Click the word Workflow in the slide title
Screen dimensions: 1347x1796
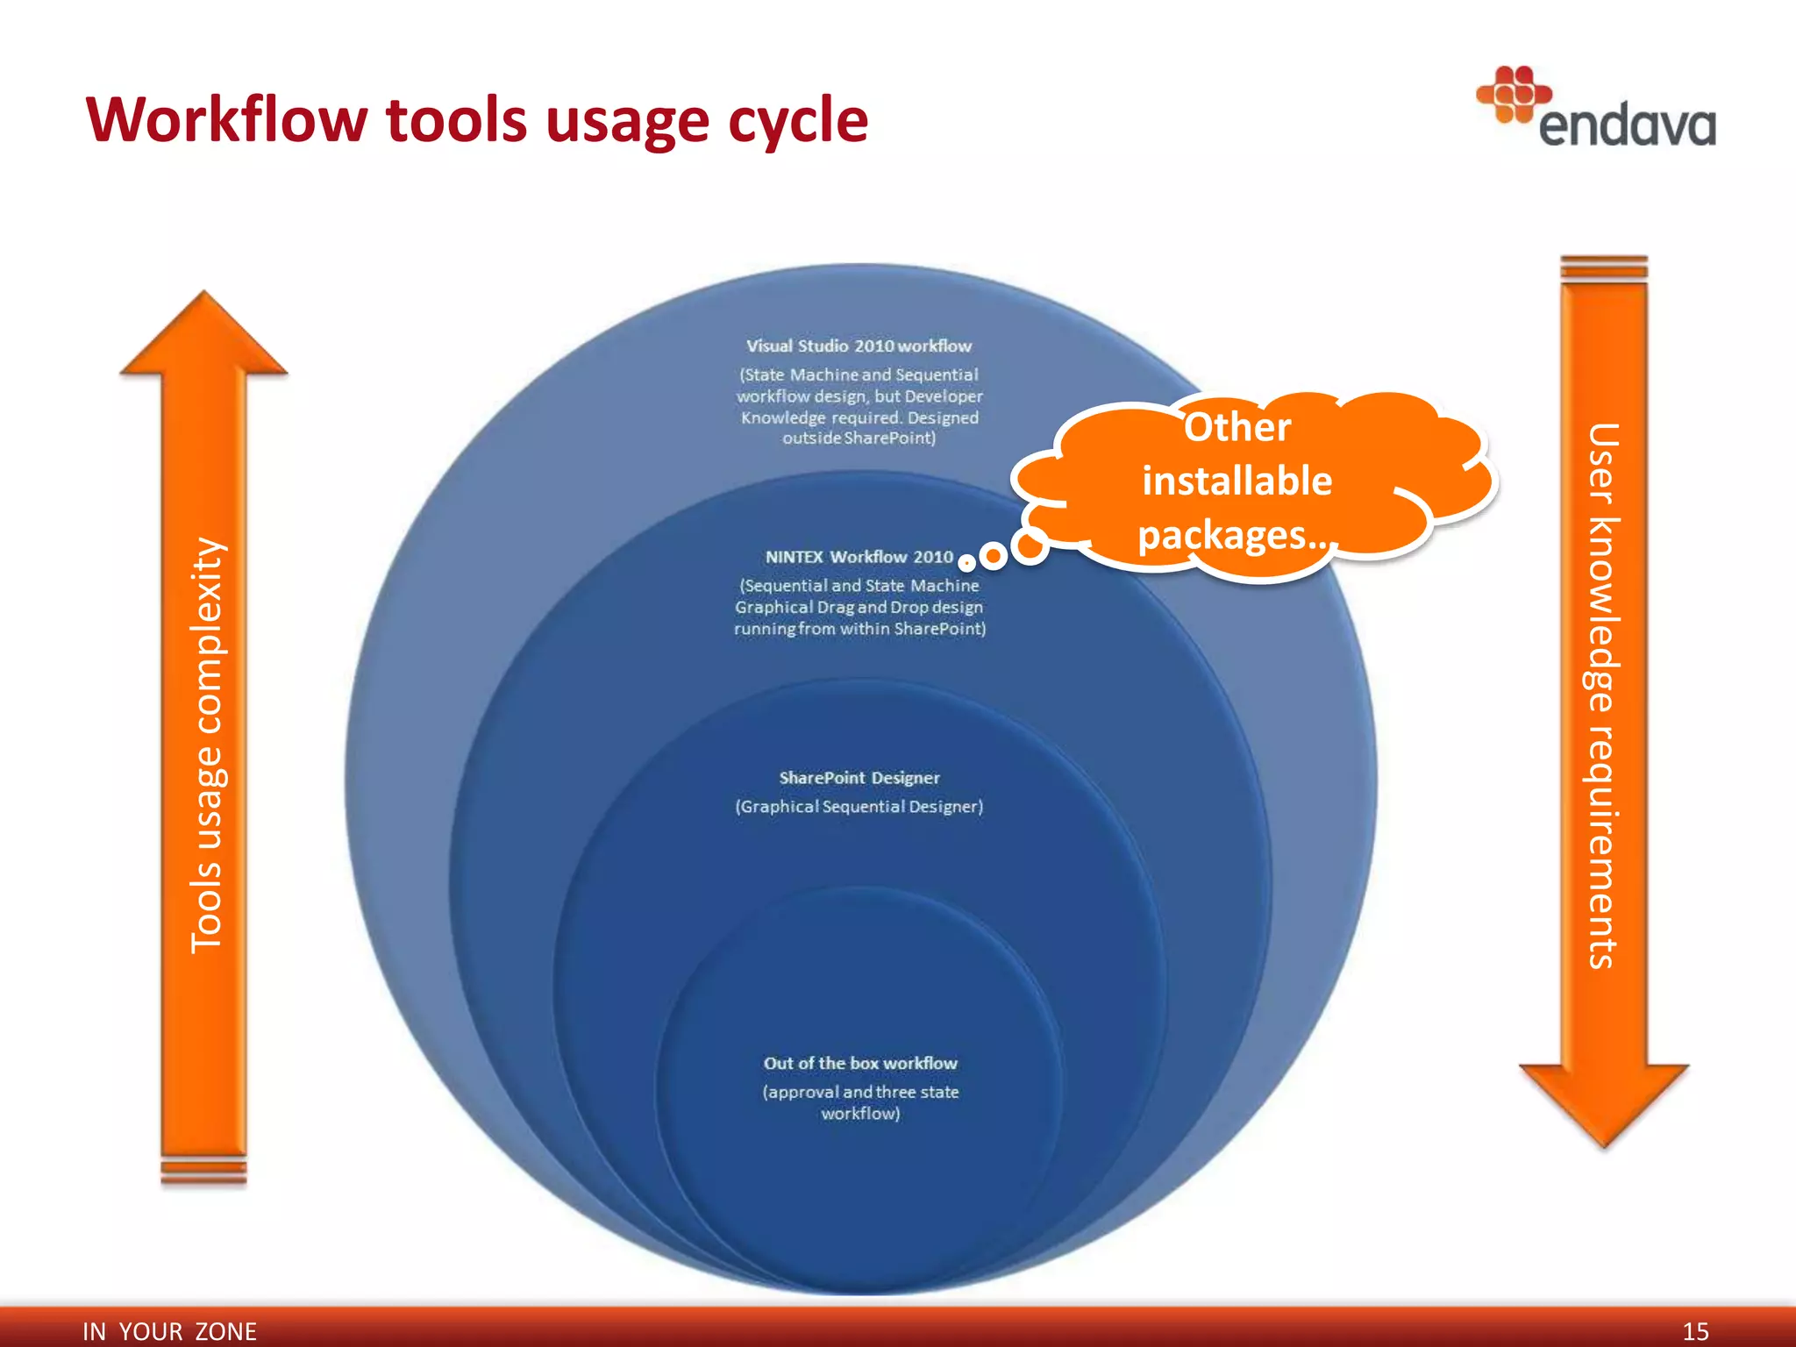227,119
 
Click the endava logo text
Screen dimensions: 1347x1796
1627,126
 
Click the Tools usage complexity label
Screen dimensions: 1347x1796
207,745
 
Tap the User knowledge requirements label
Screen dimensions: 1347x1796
1602,695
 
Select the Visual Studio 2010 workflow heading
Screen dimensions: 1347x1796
859,346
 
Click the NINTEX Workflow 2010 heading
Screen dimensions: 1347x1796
859,557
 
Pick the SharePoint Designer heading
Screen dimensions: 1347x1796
859,778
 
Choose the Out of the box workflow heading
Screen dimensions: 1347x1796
859,1063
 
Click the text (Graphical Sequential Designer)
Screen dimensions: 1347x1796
859,807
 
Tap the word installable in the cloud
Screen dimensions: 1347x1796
1237,481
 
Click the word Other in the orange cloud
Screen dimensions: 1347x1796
1237,428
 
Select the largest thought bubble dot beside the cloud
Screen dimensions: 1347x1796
1030,545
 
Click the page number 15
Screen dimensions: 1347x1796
1695,1331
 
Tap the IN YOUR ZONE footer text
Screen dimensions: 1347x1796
169,1331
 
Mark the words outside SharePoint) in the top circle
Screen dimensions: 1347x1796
859,438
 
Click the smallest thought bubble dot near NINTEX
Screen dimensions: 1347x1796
966,562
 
